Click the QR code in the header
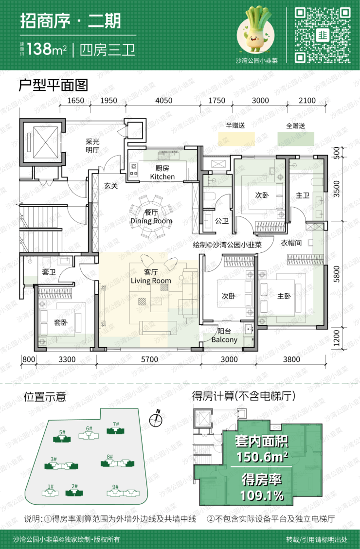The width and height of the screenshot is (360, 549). pos(323,35)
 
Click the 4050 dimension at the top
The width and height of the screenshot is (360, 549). pos(163,101)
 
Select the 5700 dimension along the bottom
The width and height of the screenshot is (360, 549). pos(149,359)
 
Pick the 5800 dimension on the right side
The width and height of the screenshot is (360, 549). pos(337,274)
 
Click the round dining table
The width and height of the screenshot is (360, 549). pos(151,217)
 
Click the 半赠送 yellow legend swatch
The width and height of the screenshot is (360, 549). pos(236,139)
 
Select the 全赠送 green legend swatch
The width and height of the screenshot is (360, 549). pos(296,139)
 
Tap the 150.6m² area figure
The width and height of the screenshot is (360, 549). pos(262,457)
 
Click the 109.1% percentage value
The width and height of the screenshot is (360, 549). pos(262,496)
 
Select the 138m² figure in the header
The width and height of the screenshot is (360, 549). pos(46,50)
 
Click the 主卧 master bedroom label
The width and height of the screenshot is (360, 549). pos(284,296)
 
